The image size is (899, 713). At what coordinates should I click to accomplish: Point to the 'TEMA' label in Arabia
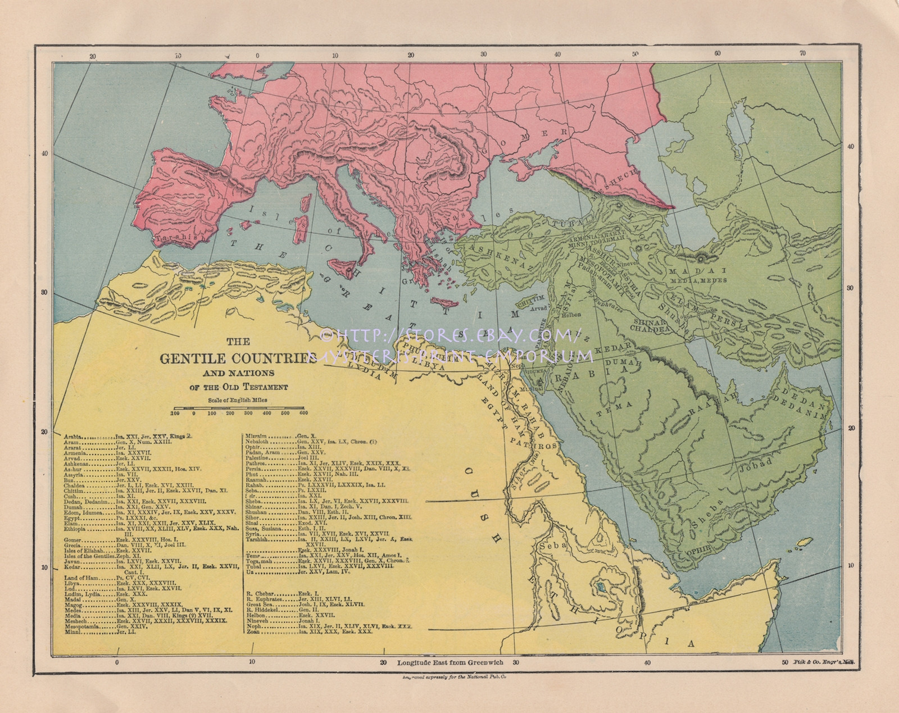(624, 404)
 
